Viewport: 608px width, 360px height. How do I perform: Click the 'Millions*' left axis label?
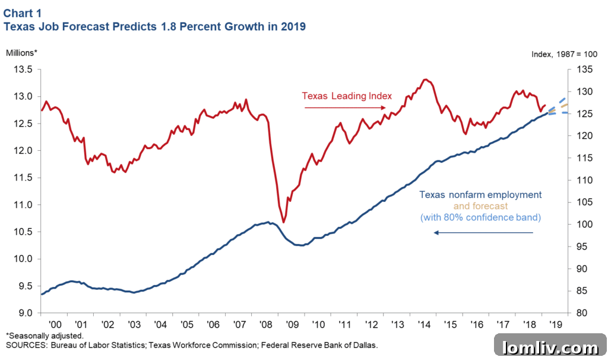(22, 52)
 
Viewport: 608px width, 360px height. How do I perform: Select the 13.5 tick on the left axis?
(23, 70)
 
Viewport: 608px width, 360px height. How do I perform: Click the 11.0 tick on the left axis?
(23, 205)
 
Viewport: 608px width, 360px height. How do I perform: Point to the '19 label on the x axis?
(555, 325)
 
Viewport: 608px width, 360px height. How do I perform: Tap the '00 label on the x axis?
(55, 325)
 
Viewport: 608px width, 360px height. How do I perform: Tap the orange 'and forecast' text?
(480, 206)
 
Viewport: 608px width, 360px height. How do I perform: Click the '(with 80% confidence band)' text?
(480, 217)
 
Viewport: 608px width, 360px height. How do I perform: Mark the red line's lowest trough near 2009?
(284, 222)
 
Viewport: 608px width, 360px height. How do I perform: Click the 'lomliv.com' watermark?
(550, 347)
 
